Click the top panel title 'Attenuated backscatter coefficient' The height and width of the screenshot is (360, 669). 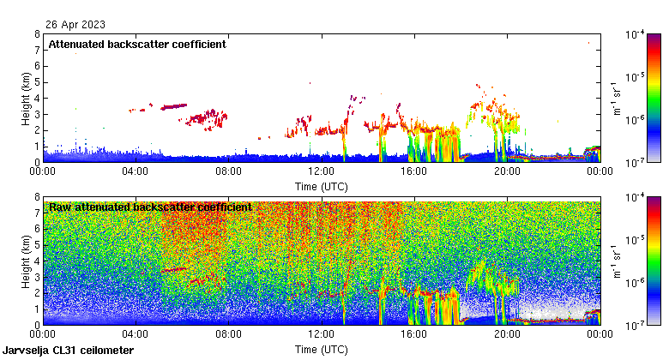click(x=137, y=44)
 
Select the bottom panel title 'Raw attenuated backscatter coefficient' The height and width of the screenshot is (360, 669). click(x=150, y=207)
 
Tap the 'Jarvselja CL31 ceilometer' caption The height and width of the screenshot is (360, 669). click(x=69, y=351)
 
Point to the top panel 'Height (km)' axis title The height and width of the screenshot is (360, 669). click(x=27, y=98)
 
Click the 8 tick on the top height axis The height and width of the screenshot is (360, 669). click(x=37, y=34)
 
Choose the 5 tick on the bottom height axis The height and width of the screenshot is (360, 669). click(x=37, y=245)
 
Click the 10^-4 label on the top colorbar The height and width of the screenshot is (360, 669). click(x=635, y=35)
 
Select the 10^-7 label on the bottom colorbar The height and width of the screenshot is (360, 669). click(x=635, y=327)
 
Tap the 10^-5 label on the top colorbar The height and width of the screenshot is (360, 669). click(x=635, y=77)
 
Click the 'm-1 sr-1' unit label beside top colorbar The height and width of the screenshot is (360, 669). click(x=615, y=98)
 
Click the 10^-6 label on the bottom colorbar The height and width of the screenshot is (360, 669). click(x=635, y=283)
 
